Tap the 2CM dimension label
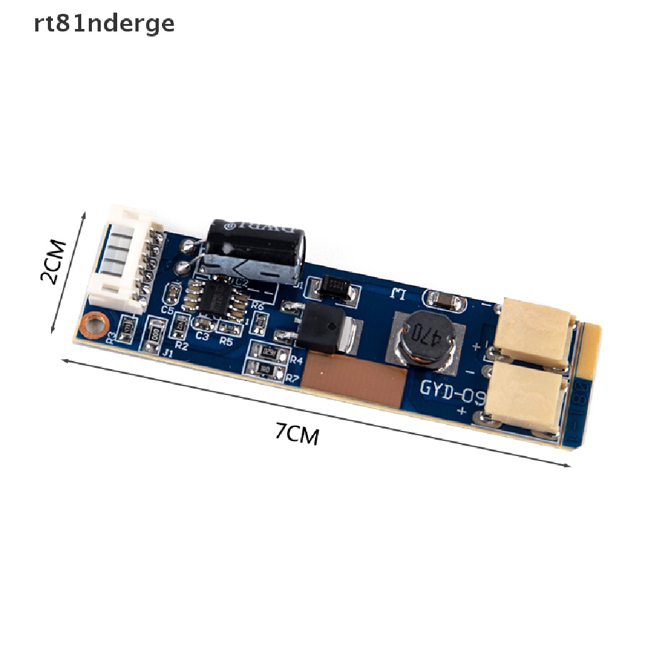click(x=53, y=261)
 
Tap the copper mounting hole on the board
click(x=95, y=324)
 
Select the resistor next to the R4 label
click(x=270, y=353)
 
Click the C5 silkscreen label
click(x=168, y=310)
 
